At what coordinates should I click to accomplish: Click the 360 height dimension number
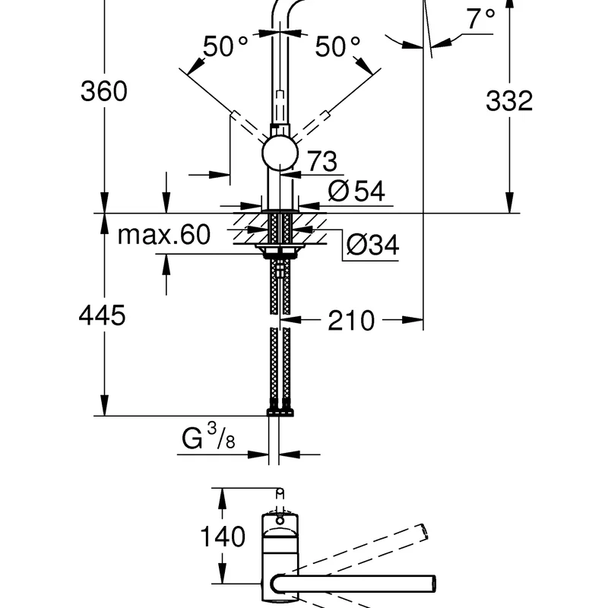[x=105, y=92]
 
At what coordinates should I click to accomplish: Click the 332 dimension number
[x=509, y=100]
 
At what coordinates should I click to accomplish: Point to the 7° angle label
[x=480, y=19]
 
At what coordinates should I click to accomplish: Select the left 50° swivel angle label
[x=225, y=48]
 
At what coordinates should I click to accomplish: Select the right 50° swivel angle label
[x=337, y=48]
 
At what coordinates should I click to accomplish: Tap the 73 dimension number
[x=321, y=161]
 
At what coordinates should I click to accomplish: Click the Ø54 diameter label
[x=356, y=192]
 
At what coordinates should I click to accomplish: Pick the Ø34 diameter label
[x=372, y=245]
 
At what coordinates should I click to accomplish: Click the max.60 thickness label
[x=163, y=235]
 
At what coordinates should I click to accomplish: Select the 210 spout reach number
[x=351, y=321]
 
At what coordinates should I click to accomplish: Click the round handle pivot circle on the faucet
[x=279, y=154]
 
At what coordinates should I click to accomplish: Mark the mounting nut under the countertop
[x=278, y=250]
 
